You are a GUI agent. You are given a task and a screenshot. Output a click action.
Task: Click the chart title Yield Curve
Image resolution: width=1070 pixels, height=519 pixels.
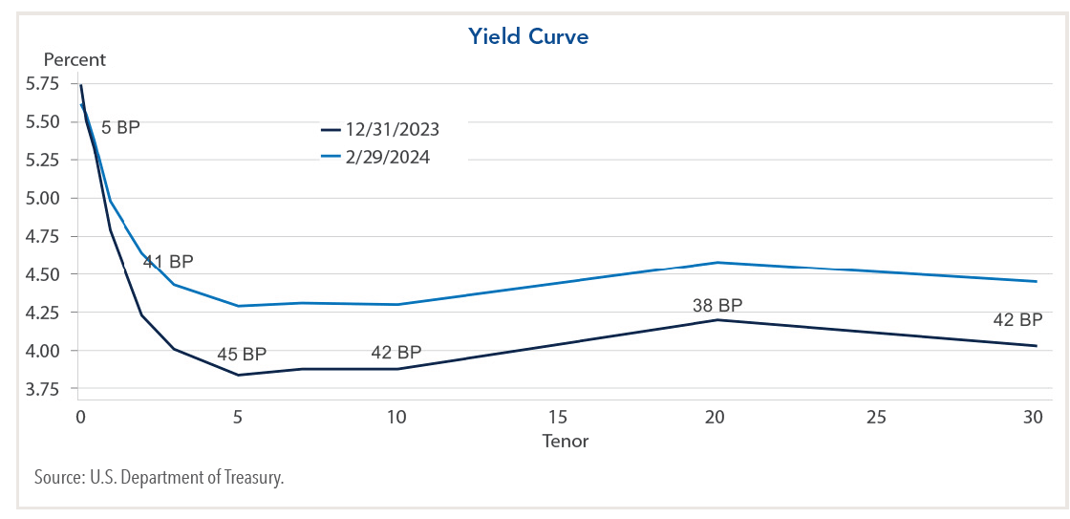point(528,37)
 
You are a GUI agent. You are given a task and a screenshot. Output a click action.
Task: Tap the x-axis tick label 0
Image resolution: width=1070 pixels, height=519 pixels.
point(80,418)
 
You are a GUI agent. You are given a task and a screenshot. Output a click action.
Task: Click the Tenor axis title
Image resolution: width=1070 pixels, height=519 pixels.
point(566,442)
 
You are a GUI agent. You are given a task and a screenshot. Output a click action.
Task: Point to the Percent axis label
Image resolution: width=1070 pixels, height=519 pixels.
point(75,59)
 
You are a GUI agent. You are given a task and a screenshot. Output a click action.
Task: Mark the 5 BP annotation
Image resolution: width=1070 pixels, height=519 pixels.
point(120,126)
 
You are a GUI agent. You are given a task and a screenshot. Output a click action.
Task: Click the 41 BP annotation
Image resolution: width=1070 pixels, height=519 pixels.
point(168,261)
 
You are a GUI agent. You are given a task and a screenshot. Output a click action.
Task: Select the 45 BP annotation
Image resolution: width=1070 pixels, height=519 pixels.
point(241,355)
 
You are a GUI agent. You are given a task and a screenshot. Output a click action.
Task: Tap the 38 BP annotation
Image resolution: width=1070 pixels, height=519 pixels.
point(717,306)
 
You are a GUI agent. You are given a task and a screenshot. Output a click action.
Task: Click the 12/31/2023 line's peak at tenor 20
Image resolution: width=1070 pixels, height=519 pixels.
point(717,320)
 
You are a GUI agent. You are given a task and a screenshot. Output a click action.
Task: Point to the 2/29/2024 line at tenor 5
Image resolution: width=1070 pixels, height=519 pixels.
point(239,306)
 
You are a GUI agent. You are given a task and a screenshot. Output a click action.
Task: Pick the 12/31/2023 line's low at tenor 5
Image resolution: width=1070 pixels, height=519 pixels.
point(239,375)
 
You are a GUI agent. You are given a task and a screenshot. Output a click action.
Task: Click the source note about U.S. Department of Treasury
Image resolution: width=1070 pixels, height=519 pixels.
point(159,478)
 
